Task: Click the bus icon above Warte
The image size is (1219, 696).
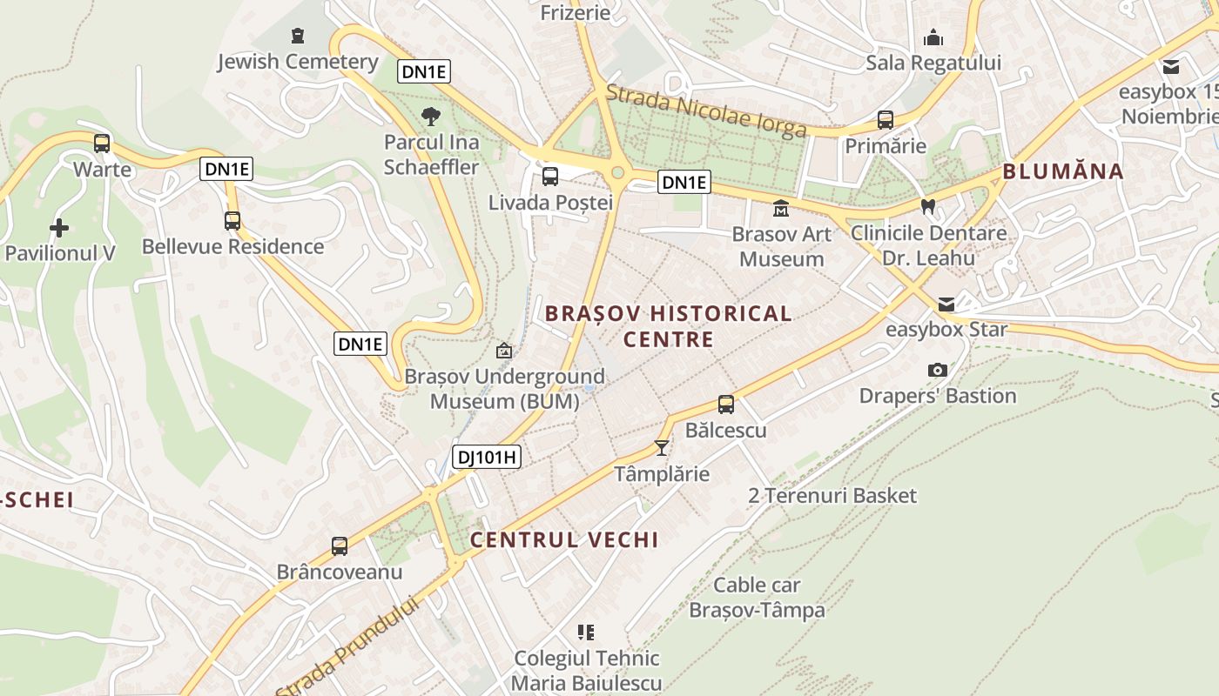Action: pyautogui.click(x=102, y=144)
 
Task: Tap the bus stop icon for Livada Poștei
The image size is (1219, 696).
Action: pyautogui.click(x=550, y=177)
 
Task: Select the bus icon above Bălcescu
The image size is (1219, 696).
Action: pyautogui.click(x=726, y=405)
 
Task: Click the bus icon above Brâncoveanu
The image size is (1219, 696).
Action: pyautogui.click(x=340, y=546)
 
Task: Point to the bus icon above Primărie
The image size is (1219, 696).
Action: pyautogui.click(x=886, y=120)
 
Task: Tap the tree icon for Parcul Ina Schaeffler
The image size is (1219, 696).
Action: pyautogui.click(x=431, y=117)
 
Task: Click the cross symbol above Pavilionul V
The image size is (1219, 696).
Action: pyautogui.click(x=59, y=229)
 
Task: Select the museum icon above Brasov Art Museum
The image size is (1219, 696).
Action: pyautogui.click(x=780, y=209)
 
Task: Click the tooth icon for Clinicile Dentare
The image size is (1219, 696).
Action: pyautogui.click(x=928, y=207)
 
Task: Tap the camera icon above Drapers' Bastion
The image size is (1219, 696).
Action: pyautogui.click(x=938, y=371)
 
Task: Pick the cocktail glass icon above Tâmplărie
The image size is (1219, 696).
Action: pyautogui.click(x=662, y=448)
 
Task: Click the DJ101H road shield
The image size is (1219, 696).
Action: pyautogui.click(x=487, y=456)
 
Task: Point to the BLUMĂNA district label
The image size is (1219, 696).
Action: pyautogui.click(x=1063, y=171)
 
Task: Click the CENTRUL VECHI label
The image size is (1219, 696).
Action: pyautogui.click(x=564, y=539)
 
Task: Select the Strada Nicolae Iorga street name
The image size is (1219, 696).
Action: pyautogui.click(x=706, y=110)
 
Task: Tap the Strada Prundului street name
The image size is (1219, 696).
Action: pyautogui.click(x=348, y=646)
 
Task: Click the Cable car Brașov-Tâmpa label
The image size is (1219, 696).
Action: pyautogui.click(x=757, y=597)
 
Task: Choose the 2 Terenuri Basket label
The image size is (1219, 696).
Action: pyautogui.click(x=832, y=496)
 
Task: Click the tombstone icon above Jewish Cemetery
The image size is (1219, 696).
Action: pyautogui.click(x=298, y=36)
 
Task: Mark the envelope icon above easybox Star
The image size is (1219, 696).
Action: pyautogui.click(x=946, y=304)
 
